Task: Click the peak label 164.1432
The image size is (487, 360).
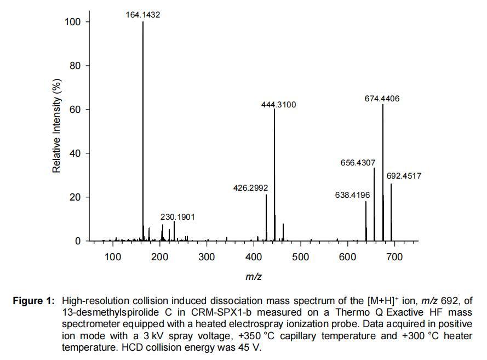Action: pos(143,15)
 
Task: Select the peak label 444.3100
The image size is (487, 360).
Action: pos(278,104)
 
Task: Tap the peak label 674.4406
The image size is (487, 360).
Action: pos(382,99)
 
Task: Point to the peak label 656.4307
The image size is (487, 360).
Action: pos(358,163)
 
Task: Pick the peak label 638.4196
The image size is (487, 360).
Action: pos(352,195)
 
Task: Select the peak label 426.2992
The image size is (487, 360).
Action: pos(250,188)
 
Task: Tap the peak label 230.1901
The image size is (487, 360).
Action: pos(177,217)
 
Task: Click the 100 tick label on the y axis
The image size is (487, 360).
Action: pos(73,22)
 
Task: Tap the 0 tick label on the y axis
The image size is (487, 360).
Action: pos(78,241)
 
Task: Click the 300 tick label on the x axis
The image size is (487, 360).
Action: pos(207,257)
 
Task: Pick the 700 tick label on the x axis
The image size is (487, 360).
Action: pos(394,257)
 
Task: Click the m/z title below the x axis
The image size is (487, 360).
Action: pos(253,277)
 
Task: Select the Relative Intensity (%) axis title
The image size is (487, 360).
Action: pos(56,125)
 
